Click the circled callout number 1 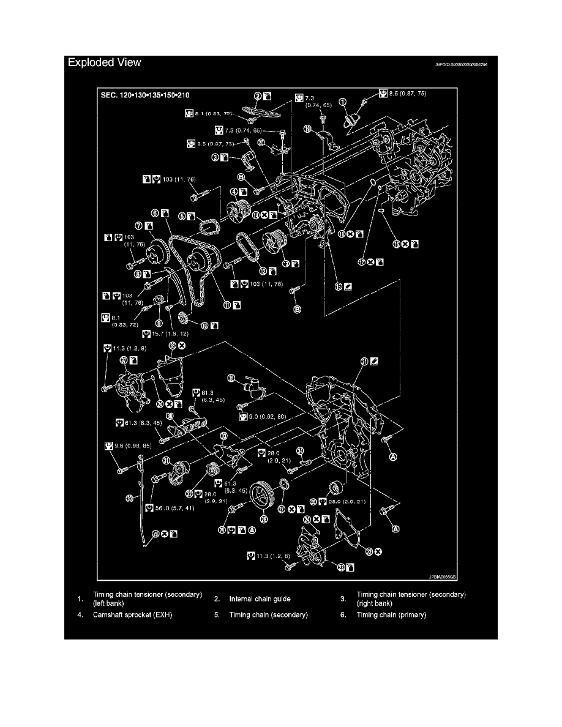(x=343, y=102)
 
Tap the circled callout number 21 (x=365, y=362)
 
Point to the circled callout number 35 (x=232, y=378)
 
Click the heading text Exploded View (x=104, y=62)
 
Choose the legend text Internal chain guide (x=260, y=598)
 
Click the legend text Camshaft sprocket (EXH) (x=133, y=614)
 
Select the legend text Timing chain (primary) (x=391, y=614)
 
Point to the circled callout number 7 (x=139, y=226)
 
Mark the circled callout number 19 (x=307, y=129)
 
